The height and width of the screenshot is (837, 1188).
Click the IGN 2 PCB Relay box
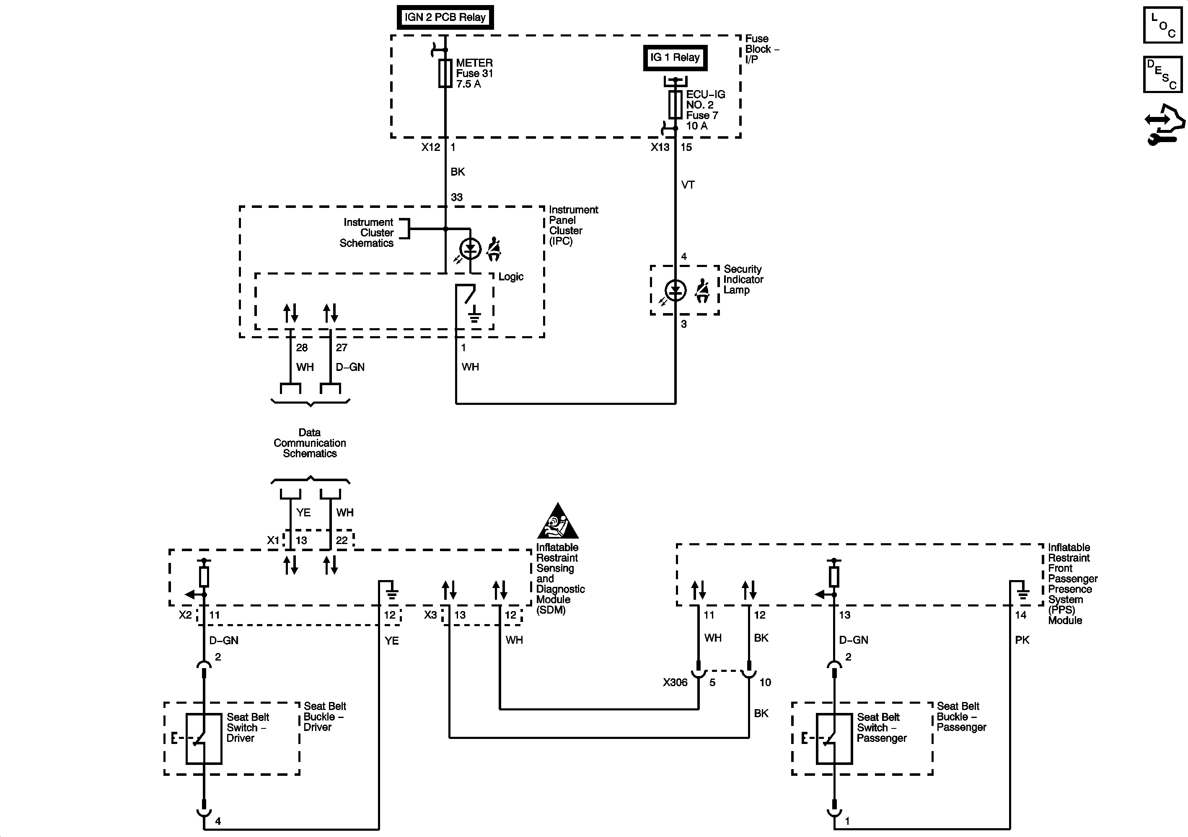coord(445,17)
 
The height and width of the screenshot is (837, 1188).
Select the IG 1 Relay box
coord(675,57)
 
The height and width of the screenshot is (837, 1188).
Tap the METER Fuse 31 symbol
coord(445,73)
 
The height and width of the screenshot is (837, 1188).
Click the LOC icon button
coord(1162,24)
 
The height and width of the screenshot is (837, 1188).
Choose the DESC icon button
coord(1162,74)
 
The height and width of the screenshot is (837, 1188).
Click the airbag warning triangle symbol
coord(557,521)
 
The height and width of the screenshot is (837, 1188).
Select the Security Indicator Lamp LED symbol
coord(675,290)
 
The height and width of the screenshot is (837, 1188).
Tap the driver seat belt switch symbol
coord(204,739)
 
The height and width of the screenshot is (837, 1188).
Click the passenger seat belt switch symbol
coord(834,739)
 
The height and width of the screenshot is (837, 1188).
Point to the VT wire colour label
coord(688,185)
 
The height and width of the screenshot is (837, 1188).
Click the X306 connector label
coord(675,683)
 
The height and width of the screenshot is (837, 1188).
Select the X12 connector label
coord(430,148)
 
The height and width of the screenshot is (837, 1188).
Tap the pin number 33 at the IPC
coord(456,197)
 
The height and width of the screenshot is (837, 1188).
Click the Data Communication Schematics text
coord(309,443)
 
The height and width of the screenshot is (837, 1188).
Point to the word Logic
coord(511,277)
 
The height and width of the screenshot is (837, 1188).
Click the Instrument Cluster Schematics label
coord(368,233)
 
